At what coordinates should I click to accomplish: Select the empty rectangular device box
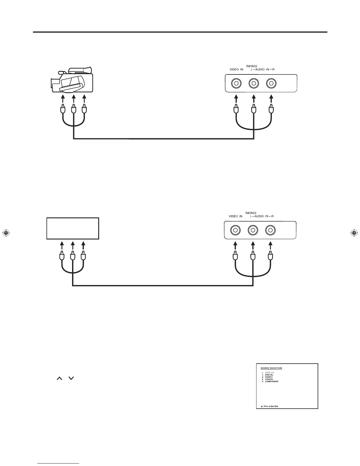click(x=73, y=228)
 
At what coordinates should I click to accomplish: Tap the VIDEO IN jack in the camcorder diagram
click(x=236, y=84)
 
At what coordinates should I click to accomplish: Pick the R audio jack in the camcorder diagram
click(x=271, y=84)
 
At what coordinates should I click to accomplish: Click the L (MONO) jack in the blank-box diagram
click(x=252, y=230)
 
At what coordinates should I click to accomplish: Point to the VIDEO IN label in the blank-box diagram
click(x=236, y=216)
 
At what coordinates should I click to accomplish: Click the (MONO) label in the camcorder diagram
click(x=252, y=66)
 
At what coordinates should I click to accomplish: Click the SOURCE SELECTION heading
click(x=271, y=368)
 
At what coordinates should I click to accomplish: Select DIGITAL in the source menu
click(x=269, y=375)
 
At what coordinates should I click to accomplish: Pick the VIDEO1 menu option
click(x=269, y=377)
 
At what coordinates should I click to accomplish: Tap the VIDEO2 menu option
click(x=269, y=379)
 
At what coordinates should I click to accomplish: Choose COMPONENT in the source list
click(x=271, y=382)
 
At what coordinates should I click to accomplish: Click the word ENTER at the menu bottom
click(x=274, y=407)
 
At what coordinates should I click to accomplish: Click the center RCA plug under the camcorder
click(x=73, y=110)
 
